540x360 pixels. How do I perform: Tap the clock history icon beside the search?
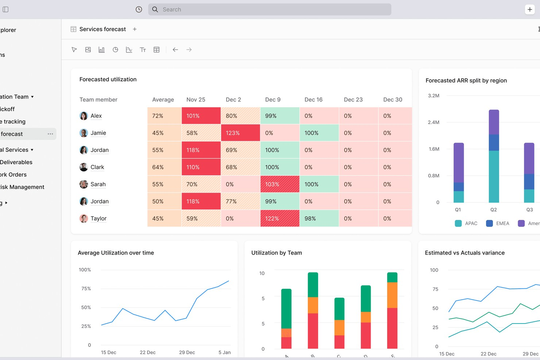pyautogui.click(x=139, y=9)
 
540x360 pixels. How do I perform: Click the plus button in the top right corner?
pyautogui.click(x=529, y=9)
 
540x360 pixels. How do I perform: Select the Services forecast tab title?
pyautogui.click(x=103, y=29)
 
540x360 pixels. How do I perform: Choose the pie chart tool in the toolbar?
pyautogui.click(x=115, y=50)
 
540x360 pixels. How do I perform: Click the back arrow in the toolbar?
pyautogui.click(x=175, y=50)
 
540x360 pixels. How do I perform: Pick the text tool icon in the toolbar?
pyautogui.click(x=143, y=50)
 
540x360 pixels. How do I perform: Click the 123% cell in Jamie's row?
pyautogui.click(x=240, y=133)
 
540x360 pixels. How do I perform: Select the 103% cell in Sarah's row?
pyautogui.click(x=279, y=184)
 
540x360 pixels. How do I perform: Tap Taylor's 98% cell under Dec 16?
pyautogui.click(x=319, y=218)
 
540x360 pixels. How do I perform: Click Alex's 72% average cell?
pyautogui.click(x=164, y=116)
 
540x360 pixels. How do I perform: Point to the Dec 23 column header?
pyautogui.click(x=353, y=100)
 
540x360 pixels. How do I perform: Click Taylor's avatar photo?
pyautogui.click(x=84, y=218)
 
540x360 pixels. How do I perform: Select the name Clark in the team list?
pyautogui.click(x=97, y=167)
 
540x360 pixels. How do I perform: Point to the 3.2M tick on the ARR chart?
pyautogui.click(x=433, y=96)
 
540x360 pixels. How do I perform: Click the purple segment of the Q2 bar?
pyautogui.click(x=494, y=122)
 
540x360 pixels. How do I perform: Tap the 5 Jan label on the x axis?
pyautogui.click(x=224, y=352)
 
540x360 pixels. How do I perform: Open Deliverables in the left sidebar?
pyautogui.click(x=16, y=162)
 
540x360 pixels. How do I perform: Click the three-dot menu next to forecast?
pyautogui.click(x=50, y=134)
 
